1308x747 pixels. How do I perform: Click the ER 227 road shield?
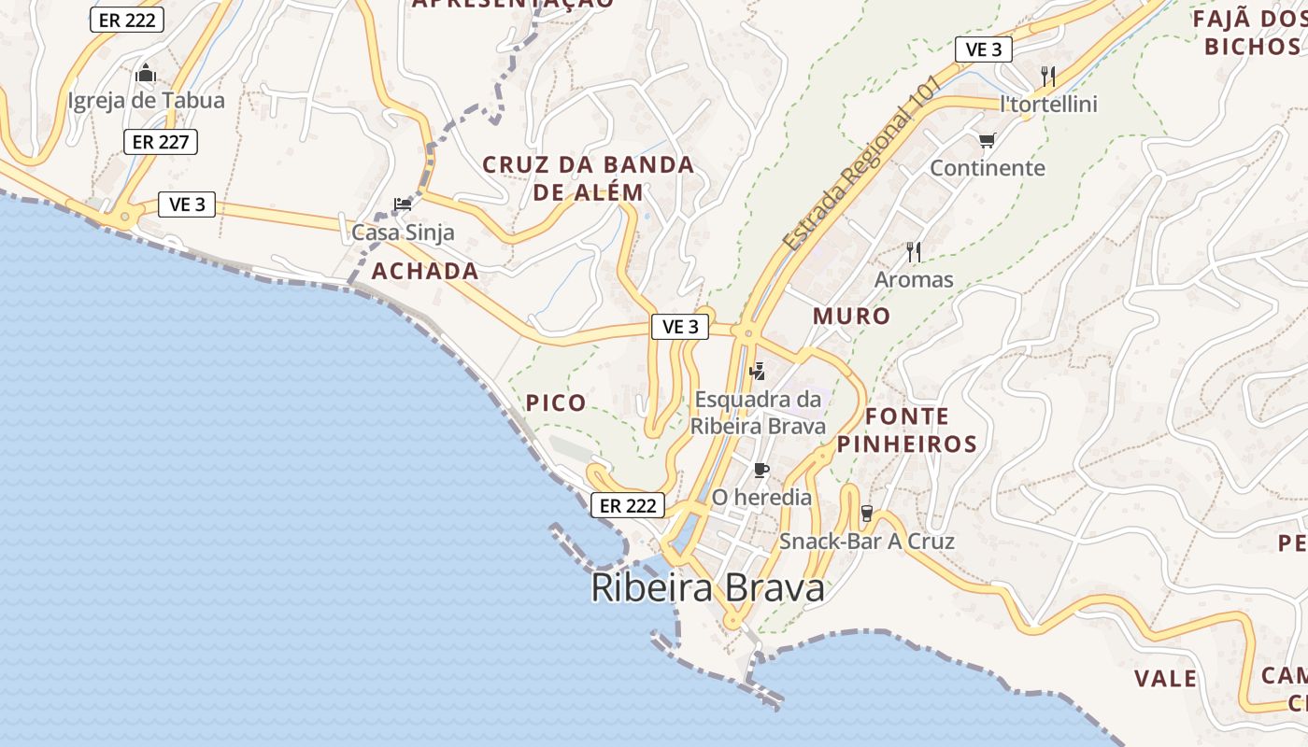point(161,142)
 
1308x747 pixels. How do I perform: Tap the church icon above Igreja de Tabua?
point(146,73)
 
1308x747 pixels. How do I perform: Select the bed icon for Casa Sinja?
point(403,204)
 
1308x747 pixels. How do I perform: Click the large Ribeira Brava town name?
point(708,588)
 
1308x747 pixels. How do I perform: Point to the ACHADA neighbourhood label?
point(425,272)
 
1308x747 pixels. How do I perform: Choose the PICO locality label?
point(556,403)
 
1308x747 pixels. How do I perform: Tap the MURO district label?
point(851,317)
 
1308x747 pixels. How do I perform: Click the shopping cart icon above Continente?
point(987,141)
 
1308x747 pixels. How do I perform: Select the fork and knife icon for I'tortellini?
point(1048,76)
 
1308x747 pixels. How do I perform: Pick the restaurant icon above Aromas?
point(913,251)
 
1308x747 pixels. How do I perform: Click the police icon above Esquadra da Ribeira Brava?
point(758,371)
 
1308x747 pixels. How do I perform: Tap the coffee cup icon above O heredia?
point(761,470)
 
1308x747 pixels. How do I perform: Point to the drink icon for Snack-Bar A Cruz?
point(866,513)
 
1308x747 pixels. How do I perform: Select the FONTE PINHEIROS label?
point(906,430)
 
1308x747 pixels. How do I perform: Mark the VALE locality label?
point(1166,679)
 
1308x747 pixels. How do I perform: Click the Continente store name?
point(987,168)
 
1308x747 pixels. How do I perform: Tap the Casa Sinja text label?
point(403,233)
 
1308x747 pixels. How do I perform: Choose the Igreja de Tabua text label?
point(146,101)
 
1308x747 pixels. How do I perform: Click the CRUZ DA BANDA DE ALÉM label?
point(588,179)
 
